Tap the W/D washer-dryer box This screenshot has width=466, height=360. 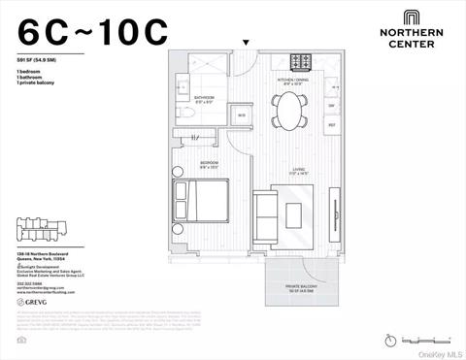tap(241, 115)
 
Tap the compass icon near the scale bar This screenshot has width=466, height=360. tap(390, 340)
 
